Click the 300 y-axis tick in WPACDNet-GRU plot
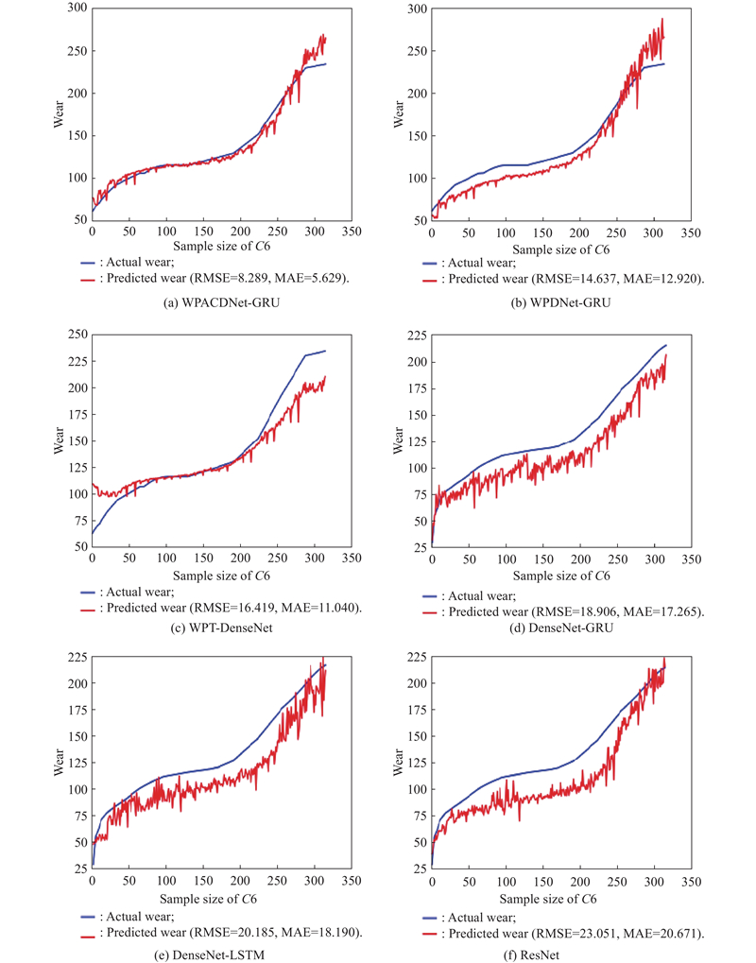[75, 9]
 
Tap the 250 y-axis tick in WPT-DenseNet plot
[75, 335]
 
